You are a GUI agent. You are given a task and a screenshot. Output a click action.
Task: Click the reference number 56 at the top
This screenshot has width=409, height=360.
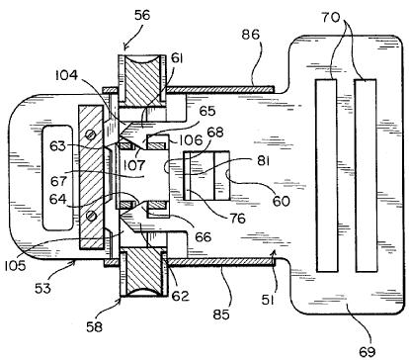pyautogui.click(x=142, y=15)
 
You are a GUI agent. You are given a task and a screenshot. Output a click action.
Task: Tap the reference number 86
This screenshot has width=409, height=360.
pyautogui.click(x=251, y=35)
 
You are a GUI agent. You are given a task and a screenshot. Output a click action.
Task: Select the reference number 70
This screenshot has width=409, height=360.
pyautogui.click(x=331, y=17)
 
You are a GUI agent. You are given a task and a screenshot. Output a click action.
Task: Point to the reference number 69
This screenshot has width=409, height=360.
pyautogui.click(x=367, y=351)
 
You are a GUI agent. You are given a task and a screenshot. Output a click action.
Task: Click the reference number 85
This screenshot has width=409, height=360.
pyautogui.click(x=220, y=315)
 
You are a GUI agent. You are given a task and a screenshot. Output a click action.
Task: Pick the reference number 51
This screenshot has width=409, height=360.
pyautogui.click(x=268, y=300)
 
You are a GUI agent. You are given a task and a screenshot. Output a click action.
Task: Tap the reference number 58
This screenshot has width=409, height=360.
pyautogui.click(x=94, y=326)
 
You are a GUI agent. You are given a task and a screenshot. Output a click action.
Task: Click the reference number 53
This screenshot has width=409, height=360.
pyautogui.click(x=43, y=288)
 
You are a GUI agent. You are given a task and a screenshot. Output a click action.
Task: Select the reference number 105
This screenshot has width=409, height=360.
pyautogui.click(x=15, y=265)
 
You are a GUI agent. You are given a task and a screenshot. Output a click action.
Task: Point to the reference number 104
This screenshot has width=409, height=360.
pyautogui.click(x=66, y=75)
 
